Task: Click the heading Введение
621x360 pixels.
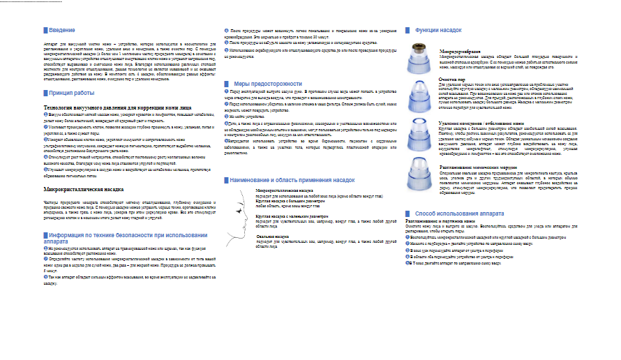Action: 63,31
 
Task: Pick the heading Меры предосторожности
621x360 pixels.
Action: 256,84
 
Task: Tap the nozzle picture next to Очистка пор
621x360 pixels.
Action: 421,93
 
